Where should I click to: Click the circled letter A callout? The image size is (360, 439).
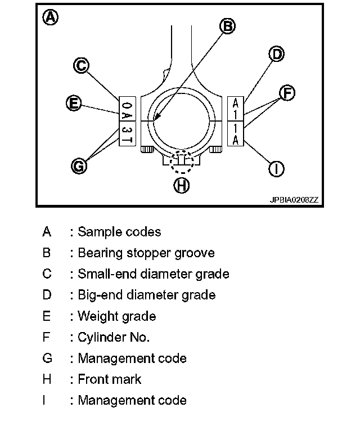(x=51, y=17)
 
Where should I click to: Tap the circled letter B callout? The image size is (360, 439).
(x=227, y=26)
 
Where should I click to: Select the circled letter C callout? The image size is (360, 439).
(x=82, y=66)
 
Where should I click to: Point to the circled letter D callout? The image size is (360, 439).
(x=276, y=54)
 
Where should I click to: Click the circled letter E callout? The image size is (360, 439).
(x=73, y=103)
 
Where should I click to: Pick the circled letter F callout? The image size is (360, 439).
(x=287, y=93)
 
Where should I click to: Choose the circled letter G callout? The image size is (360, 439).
(x=79, y=165)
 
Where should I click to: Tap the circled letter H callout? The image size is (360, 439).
(x=181, y=185)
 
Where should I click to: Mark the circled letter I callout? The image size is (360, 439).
(x=276, y=168)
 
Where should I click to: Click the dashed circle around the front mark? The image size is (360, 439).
(x=181, y=162)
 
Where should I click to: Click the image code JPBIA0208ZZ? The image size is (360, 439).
(x=294, y=199)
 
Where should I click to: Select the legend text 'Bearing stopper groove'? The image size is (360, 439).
(x=146, y=253)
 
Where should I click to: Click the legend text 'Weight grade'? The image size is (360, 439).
(x=116, y=316)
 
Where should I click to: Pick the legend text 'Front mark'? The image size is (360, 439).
(x=110, y=379)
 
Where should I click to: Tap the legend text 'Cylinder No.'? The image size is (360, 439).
(x=114, y=337)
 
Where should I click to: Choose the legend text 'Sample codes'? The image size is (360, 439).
(x=119, y=232)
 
